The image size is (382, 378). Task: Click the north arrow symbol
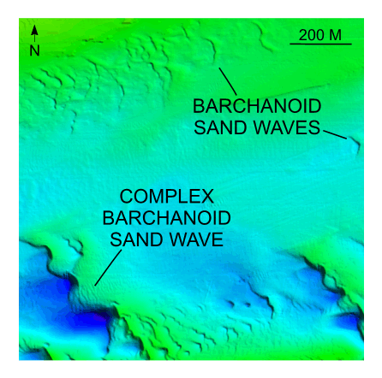(x=34, y=33)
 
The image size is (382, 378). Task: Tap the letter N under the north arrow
(x=34, y=50)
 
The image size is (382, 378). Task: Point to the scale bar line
(x=320, y=44)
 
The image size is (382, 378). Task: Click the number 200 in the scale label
(x=312, y=35)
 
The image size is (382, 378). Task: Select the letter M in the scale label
(x=335, y=35)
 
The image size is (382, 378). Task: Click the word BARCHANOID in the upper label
(x=257, y=107)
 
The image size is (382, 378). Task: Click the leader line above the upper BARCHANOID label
(x=228, y=81)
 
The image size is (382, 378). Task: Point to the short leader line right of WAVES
(x=335, y=133)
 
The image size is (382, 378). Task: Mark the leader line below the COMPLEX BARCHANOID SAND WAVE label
(x=108, y=269)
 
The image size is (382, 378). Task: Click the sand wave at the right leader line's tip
(x=355, y=145)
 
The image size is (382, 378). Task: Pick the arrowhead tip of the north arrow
(x=34, y=26)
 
